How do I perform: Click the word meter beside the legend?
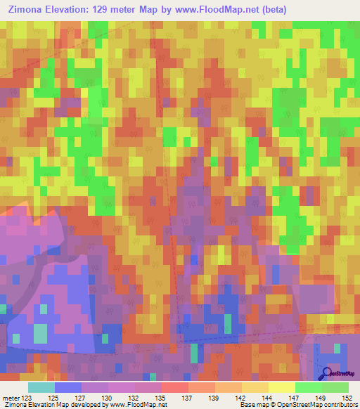11,398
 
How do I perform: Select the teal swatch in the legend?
41,387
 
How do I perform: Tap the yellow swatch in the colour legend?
282,387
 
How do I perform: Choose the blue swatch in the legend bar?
68,387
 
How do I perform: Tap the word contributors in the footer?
340,405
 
